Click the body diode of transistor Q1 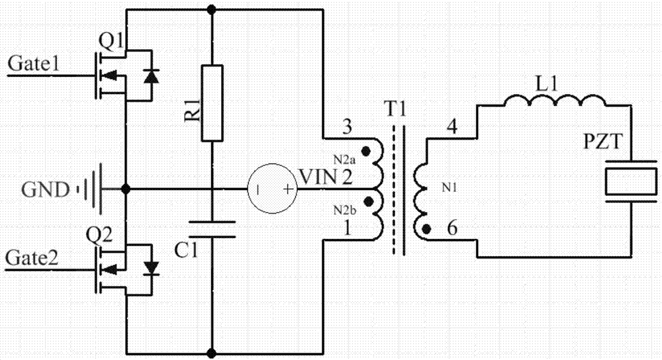[x=152, y=76]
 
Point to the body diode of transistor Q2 [x=152, y=268]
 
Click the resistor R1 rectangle [x=212, y=103]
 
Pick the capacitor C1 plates [x=212, y=228]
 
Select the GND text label [x=44, y=191]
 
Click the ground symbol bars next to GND [x=90, y=190]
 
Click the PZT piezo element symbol [x=628, y=182]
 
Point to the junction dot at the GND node [x=126, y=189]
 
